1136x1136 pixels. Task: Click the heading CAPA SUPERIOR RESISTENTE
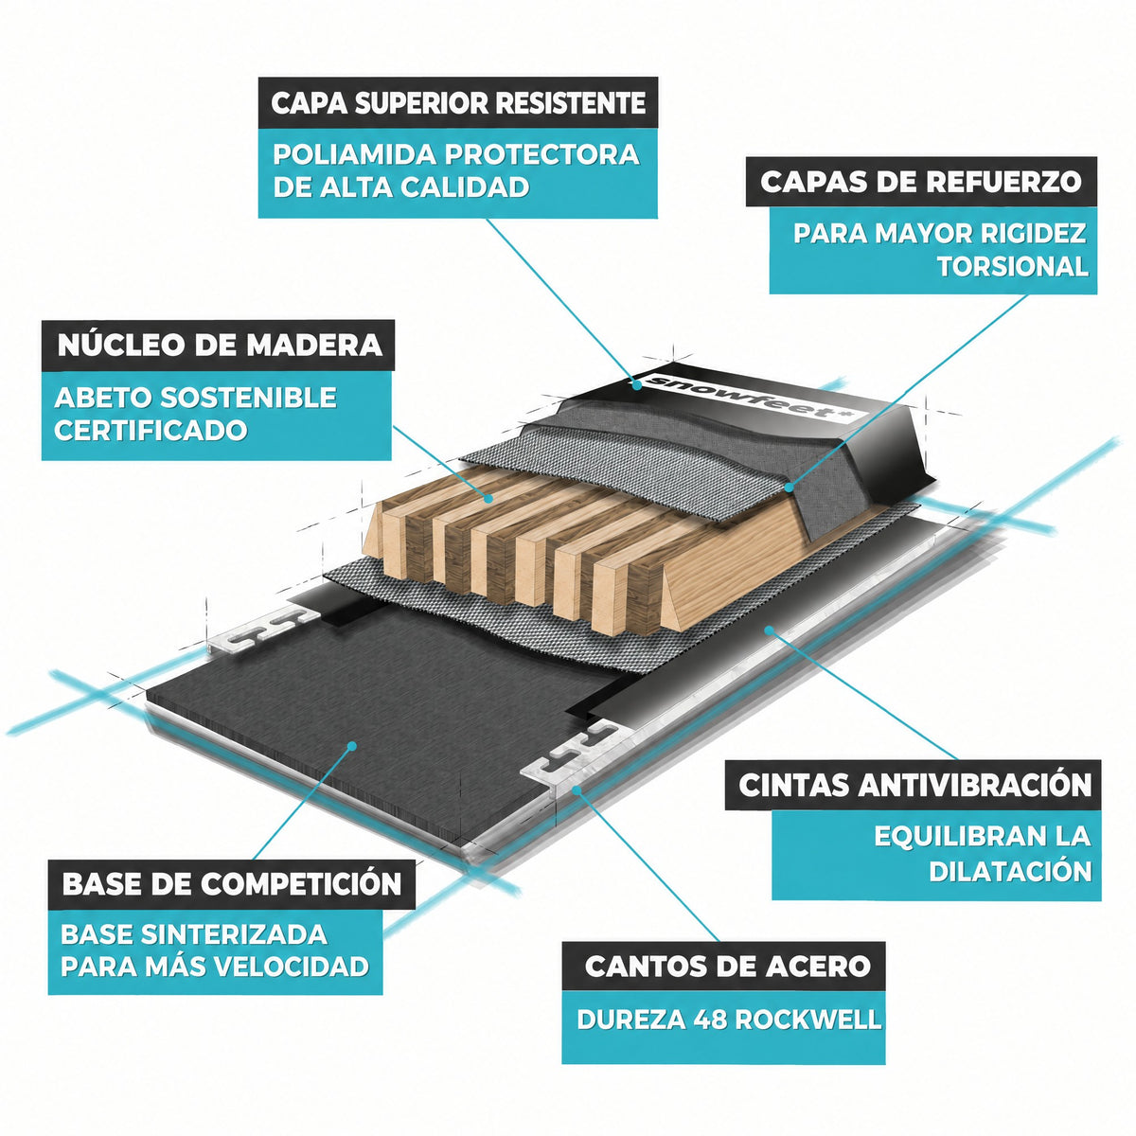pos(458,103)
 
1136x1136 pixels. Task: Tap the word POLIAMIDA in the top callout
pos(354,155)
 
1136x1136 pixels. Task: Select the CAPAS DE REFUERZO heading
pos(921,182)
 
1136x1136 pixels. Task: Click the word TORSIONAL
pos(1013,266)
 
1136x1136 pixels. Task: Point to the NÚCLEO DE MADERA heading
pos(220,345)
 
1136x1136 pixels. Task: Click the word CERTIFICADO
pos(151,430)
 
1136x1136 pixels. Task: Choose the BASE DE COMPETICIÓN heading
pos(232,883)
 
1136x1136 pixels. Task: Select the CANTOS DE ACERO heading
pos(727,966)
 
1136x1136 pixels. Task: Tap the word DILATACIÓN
pos(1010,872)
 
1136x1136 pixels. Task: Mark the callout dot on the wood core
pos(488,499)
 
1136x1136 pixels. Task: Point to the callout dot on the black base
pos(352,746)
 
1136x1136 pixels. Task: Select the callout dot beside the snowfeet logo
pos(636,385)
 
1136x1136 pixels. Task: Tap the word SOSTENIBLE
pos(246,398)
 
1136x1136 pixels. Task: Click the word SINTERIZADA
pos(235,934)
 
